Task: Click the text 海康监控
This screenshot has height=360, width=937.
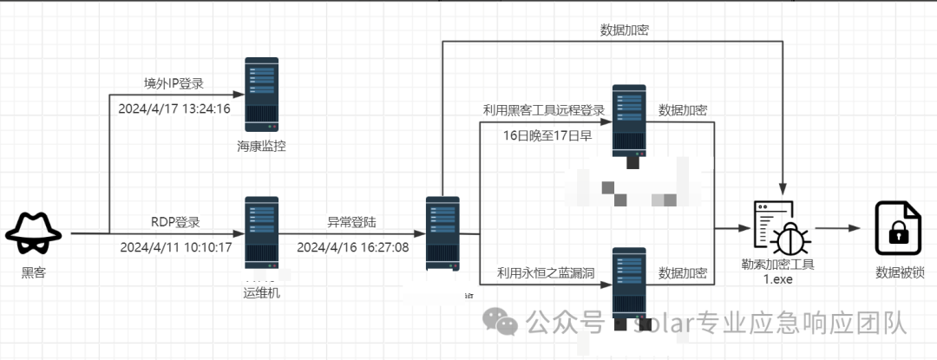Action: tap(261, 145)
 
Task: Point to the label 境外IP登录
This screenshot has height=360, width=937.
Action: tap(174, 83)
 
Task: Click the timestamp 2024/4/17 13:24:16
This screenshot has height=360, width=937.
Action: tap(174, 109)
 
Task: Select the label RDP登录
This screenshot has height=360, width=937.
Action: tap(175, 221)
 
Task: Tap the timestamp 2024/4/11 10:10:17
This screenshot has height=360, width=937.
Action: tap(175, 247)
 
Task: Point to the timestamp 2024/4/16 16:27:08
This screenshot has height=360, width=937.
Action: tap(352, 247)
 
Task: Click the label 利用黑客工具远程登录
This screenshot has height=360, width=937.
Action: tap(543, 110)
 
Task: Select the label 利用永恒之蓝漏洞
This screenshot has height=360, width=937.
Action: tap(545, 273)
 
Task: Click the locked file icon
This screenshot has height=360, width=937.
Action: tap(895, 226)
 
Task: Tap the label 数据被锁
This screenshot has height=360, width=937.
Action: tap(900, 272)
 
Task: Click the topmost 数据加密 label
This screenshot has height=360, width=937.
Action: tap(625, 29)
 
